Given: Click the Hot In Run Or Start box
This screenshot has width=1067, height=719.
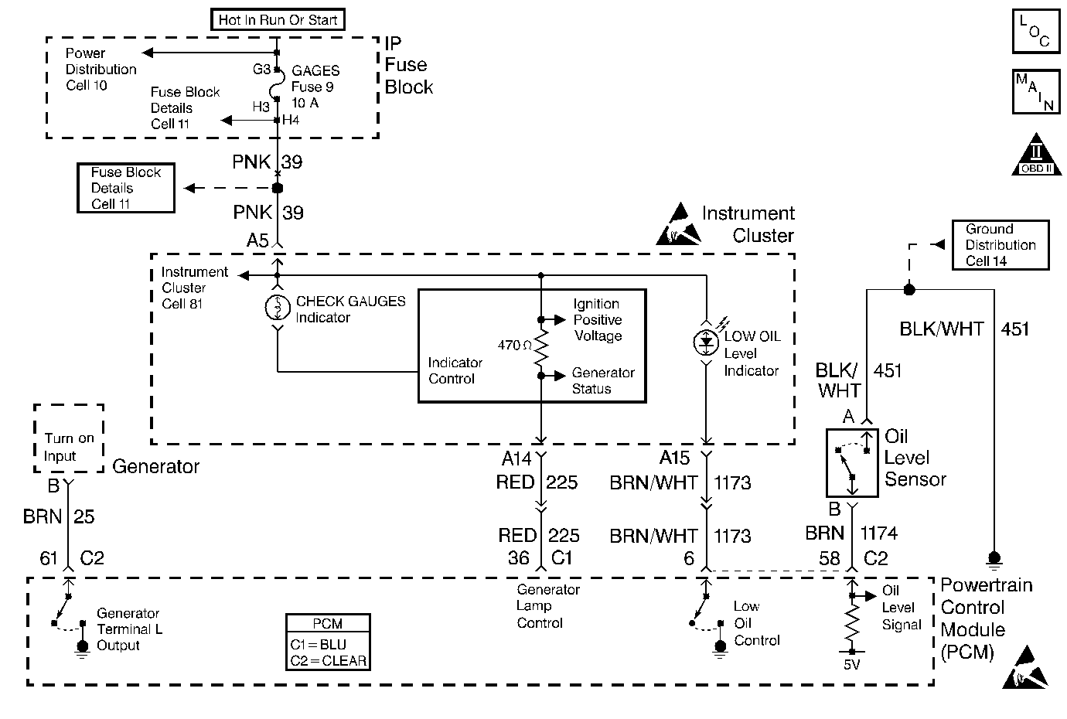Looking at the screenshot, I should [278, 19].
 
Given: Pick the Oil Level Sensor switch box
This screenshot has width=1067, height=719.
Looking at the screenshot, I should [852, 462].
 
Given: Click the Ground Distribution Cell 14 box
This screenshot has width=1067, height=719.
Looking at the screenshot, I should [1000, 245].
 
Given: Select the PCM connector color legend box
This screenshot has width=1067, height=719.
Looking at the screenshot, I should [328, 642].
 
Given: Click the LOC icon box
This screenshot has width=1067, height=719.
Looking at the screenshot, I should [1035, 31].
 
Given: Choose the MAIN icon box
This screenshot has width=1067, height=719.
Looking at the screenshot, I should [1035, 92].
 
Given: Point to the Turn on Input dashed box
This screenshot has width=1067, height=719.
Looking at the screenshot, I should [69, 438].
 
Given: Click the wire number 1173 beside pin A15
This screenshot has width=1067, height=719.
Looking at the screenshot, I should [731, 483].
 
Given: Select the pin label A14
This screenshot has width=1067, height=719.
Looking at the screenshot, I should [516, 458].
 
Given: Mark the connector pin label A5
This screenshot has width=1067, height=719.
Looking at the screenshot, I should [257, 240].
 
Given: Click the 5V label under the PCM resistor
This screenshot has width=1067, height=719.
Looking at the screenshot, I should [852, 663].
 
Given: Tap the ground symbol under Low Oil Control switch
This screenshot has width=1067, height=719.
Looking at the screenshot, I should [721, 648].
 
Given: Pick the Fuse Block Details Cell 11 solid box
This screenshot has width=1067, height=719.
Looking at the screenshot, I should [126, 188].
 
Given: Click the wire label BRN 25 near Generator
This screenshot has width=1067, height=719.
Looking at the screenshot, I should [59, 516].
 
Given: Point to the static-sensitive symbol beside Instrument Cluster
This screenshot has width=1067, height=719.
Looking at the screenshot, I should [674, 225].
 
